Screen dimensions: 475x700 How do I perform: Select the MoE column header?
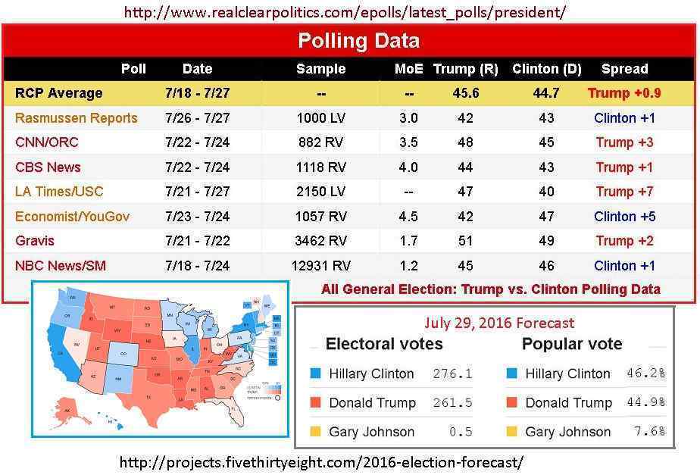[409, 69]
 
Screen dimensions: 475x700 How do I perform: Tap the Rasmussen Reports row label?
[77, 118]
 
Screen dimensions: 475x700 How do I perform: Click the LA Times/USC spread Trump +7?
[624, 192]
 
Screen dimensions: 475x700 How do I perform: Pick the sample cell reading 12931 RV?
[320, 266]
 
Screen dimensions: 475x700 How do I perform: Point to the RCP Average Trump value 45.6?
[465, 93]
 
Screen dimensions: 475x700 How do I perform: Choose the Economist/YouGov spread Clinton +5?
[624, 217]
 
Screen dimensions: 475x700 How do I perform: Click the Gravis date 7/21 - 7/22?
[197, 241]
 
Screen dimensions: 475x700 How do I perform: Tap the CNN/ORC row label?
[47, 142]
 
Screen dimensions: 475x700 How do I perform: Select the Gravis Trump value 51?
[465, 241]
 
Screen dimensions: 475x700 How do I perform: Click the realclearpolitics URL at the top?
[345, 12]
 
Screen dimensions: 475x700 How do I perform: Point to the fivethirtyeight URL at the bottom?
[322, 461]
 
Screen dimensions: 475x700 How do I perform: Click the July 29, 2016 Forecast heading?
[499, 323]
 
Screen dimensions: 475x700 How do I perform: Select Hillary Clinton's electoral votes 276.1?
[452, 374]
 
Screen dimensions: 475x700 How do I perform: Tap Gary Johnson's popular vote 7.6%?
[648, 432]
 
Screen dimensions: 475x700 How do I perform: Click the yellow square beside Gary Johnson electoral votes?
[315, 432]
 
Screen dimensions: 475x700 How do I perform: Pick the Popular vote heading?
[571, 345]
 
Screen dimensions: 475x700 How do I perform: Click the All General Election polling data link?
[490, 289]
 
